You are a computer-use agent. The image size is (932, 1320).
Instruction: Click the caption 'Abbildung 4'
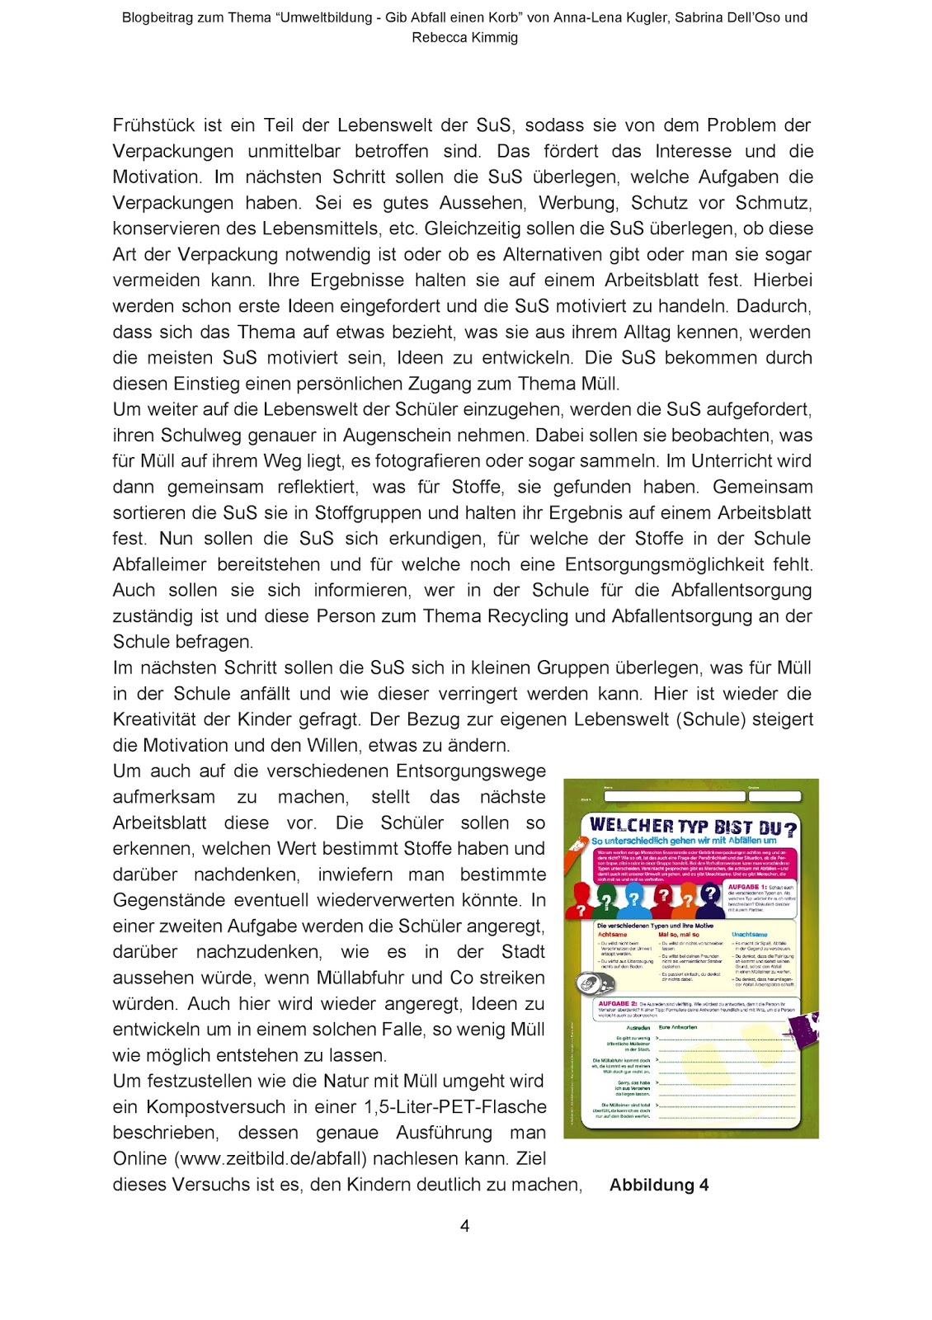click(658, 1186)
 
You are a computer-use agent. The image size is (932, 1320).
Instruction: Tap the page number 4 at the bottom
click(464, 1226)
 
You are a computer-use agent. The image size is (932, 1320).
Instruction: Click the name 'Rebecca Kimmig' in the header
click(464, 37)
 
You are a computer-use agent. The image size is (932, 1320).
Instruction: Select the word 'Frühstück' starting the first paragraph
click(154, 125)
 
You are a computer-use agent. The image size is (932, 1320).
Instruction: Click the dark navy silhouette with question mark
click(710, 894)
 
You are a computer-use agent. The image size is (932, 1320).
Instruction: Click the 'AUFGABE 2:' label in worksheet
click(617, 1004)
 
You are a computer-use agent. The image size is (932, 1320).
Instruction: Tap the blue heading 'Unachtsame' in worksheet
click(749, 935)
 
